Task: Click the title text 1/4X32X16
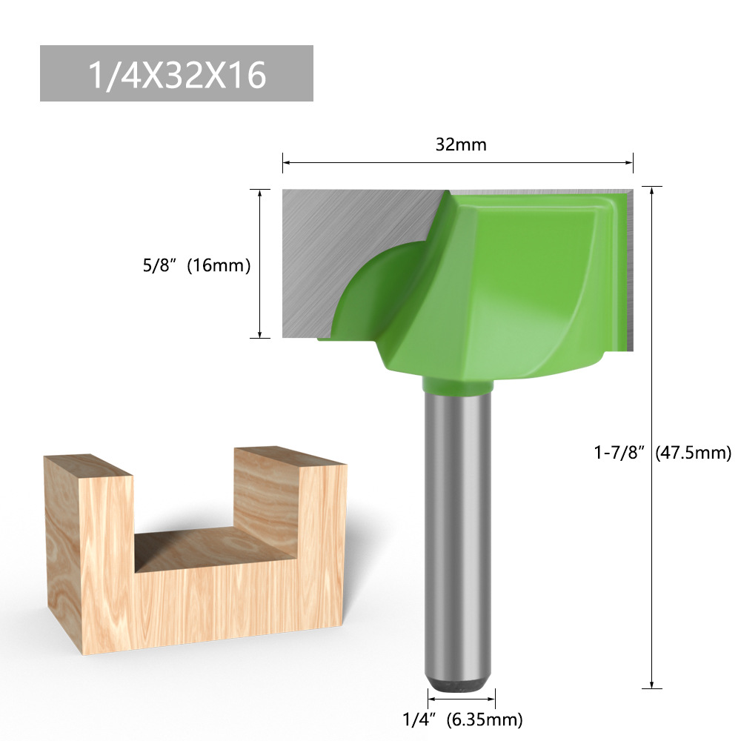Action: coord(176,74)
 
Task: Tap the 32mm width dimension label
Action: coord(461,144)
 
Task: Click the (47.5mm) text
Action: coord(694,452)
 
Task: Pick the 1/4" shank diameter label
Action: coord(417,719)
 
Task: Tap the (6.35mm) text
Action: coord(485,719)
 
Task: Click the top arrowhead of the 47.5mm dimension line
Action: coord(651,190)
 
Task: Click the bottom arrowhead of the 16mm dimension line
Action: coord(259,334)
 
